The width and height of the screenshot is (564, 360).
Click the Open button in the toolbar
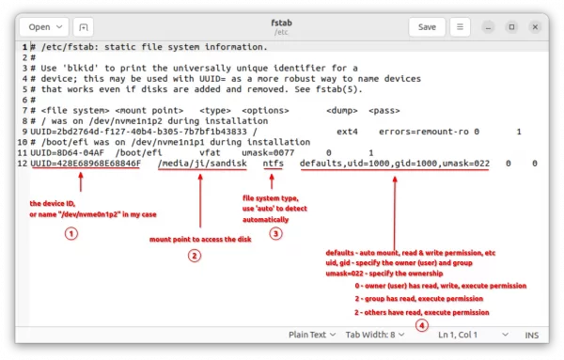tap(44, 27)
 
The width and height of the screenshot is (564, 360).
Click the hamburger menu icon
tap(460, 27)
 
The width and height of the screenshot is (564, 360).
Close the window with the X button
tap(535, 27)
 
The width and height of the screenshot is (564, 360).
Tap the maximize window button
tap(511, 27)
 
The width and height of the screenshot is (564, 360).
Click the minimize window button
tap(488, 27)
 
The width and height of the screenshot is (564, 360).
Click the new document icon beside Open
tap(83, 27)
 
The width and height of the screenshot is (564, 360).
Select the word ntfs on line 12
tap(273, 164)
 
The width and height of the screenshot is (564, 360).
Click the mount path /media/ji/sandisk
tap(202, 164)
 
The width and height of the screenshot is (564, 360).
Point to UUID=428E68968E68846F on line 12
tap(86, 164)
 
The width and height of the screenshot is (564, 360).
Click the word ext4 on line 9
tap(347, 132)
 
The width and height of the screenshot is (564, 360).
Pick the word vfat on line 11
tap(210, 153)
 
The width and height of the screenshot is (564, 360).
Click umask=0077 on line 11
tap(268, 153)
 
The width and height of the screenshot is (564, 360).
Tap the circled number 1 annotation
tap(71, 234)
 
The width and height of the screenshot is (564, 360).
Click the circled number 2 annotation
tap(195, 256)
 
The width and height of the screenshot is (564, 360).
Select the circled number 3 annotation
tap(275, 234)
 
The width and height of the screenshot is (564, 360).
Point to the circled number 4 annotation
tap(422, 326)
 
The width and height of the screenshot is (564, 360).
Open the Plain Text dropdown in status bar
tap(312, 335)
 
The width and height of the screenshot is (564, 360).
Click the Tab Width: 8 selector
tap(375, 335)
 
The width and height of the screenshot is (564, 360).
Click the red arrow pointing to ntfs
tap(272, 181)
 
